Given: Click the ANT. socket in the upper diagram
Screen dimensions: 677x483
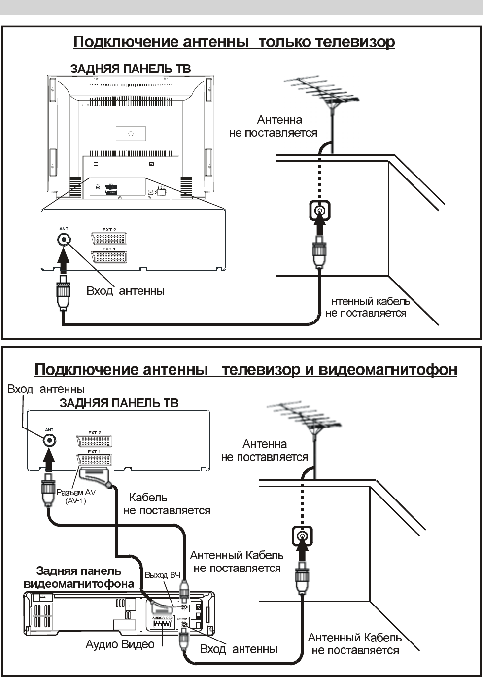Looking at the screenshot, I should (x=63, y=240).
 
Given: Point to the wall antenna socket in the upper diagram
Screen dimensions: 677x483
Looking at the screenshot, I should (x=320, y=212).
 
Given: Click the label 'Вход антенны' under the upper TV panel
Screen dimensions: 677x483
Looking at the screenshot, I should (x=125, y=291).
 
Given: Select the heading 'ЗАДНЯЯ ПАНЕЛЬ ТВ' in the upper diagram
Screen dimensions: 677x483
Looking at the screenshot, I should (x=130, y=69).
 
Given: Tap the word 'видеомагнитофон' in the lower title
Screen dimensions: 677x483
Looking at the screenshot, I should (x=388, y=369).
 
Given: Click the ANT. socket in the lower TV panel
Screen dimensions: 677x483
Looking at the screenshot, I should (x=49, y=440).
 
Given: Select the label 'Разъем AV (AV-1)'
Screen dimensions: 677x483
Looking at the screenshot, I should (x=76, y=497).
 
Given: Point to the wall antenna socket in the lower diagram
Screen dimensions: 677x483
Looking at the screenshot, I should (x=302, y=536).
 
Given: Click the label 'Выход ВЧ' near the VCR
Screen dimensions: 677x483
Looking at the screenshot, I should (x=162, y=575).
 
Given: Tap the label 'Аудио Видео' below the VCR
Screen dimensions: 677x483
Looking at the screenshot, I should (x=120, y=644).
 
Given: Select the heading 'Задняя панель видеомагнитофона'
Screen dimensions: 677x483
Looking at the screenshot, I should (x=79, y=577).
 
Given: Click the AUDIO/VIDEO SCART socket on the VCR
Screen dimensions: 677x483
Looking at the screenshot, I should (x=161, y=623).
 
